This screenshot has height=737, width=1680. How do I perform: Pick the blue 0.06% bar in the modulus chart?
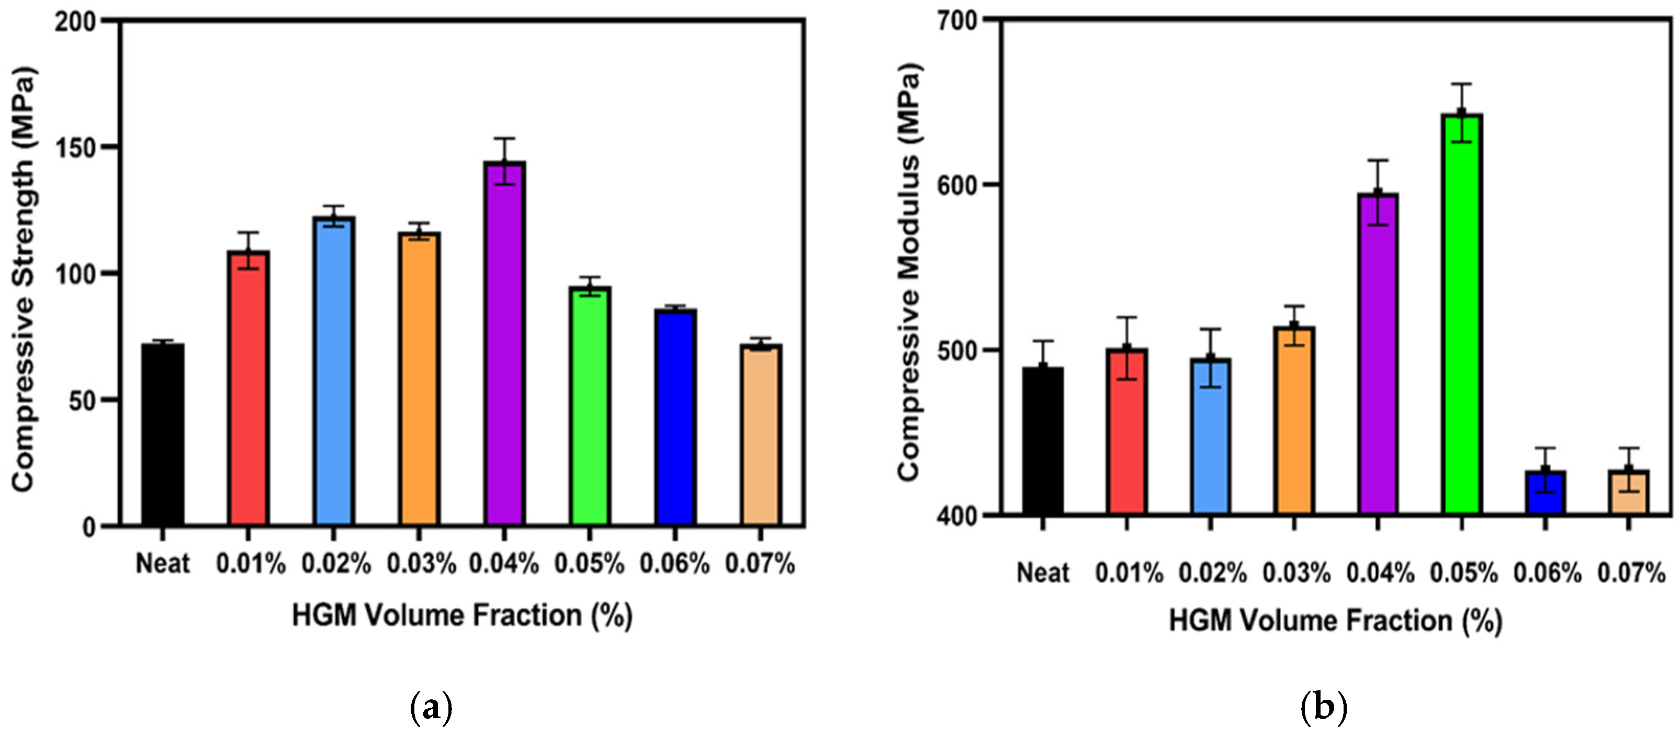[x=1545, y=493]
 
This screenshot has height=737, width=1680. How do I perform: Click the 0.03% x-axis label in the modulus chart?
[x=1296, y=573]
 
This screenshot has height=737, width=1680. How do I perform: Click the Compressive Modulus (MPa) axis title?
[x=909, y=273]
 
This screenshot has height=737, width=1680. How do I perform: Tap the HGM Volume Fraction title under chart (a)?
[x=462, y=616]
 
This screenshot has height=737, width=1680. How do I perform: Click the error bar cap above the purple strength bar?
[x=504, y=138]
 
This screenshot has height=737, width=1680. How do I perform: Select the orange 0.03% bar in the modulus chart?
[x=1294, y=421]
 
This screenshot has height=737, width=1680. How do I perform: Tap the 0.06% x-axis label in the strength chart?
[x=674, y=564]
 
